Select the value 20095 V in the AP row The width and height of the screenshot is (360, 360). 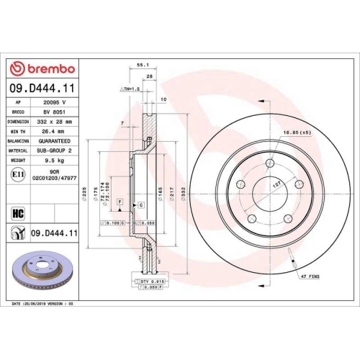[x=55, y=104]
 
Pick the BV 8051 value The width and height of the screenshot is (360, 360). [x=55, y=113]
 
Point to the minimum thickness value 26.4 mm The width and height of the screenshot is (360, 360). [x=55, y=132]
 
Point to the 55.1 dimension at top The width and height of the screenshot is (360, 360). [x=142, y=64]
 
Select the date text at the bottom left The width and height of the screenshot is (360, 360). [x=43, y=305]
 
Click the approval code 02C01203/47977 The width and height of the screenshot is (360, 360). [x=55, y=178]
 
